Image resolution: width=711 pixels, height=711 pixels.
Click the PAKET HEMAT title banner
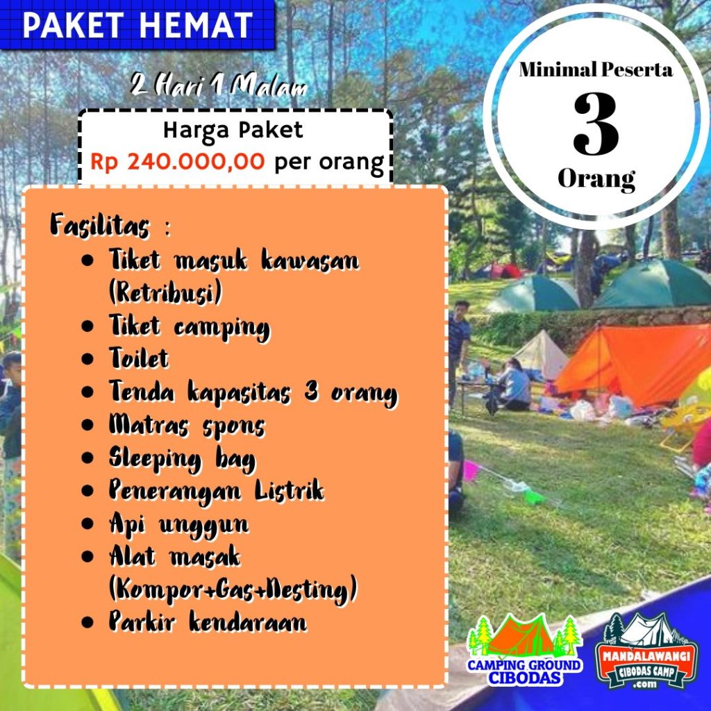137,24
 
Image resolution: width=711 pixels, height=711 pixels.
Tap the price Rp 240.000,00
177,161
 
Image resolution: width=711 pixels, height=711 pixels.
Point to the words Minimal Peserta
596,70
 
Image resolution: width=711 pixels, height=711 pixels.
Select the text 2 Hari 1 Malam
219,85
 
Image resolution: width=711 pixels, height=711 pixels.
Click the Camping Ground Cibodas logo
525,649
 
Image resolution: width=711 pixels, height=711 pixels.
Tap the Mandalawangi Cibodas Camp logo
646,651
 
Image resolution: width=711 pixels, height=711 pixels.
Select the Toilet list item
139,358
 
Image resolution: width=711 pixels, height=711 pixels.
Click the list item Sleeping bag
183,460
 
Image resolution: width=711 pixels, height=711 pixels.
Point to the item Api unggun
179,525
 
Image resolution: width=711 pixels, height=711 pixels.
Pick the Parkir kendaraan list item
208,621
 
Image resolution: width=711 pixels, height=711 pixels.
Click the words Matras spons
187,426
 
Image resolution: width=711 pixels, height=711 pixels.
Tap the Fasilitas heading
100,225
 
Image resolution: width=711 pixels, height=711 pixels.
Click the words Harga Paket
233,131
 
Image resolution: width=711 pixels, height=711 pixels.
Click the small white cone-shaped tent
542,353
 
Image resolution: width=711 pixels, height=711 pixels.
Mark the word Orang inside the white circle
596,179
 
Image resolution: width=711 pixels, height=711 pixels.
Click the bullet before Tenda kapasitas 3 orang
87,392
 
